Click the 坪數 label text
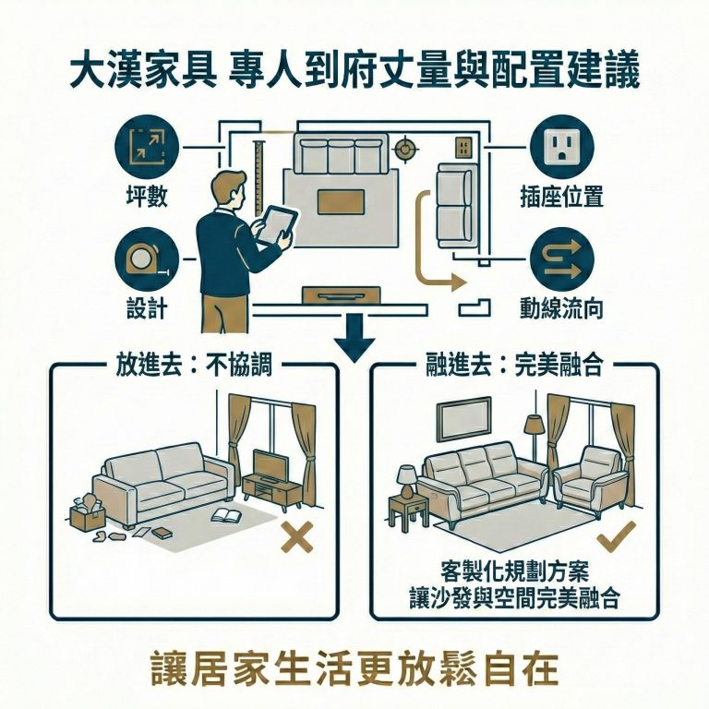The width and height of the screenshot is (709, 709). (x=146, y=197)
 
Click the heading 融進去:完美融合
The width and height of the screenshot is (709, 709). (x=514, y=365)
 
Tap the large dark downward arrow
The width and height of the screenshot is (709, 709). (x=354, y=338)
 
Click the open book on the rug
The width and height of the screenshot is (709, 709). (x=227, y=514)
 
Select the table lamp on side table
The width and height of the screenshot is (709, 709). (x=405, y=479)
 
